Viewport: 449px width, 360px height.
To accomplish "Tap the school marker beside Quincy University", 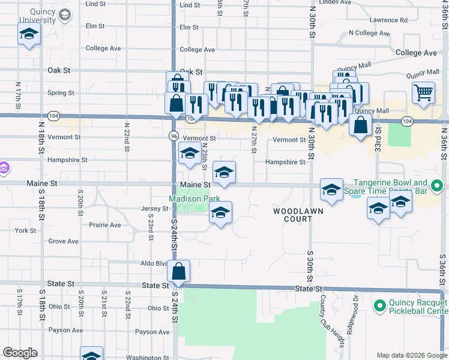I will click(28, 36).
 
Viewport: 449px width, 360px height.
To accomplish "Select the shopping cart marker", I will click(423, 93).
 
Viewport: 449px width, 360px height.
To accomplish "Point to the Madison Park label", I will click(193, 199).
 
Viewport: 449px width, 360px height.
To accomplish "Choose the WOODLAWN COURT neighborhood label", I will click(298, 215).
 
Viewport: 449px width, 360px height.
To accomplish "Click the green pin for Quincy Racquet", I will click(379, 307).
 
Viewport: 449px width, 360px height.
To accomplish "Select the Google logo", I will click(20, 353).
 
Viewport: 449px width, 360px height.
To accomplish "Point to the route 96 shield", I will click(173, 136).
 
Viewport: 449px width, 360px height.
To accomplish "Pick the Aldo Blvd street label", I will click(153, 263).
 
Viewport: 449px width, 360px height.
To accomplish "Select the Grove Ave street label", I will click(64, 241).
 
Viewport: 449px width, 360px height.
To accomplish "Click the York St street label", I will click(26, 230).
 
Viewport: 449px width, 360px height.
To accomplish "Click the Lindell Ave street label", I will click(335, 2).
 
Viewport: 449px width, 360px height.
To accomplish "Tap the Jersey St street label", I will click(157, 209).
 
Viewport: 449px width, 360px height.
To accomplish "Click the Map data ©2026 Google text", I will click(411, 355).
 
